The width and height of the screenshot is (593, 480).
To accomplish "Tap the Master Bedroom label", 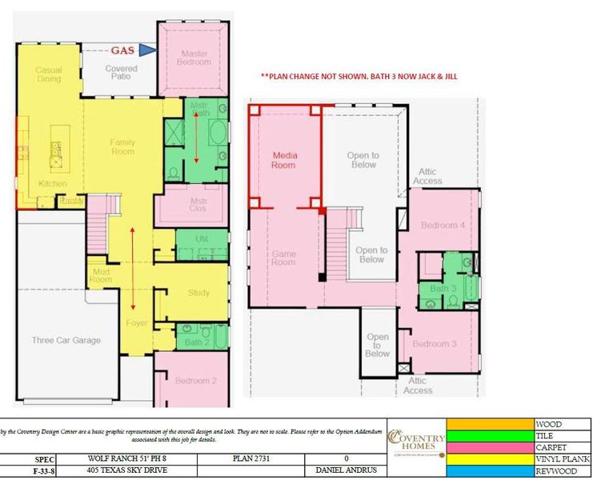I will pos(193,57).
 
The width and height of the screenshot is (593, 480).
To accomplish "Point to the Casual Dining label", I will pos(49,75).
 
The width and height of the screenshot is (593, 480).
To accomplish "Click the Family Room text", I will pos(122,147).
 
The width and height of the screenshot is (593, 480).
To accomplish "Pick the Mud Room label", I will pos(101,275).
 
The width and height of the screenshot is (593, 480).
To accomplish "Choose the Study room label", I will pos(199,293).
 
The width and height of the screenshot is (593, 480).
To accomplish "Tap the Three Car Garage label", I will pos(66,340).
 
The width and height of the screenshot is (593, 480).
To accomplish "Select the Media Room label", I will pos(284,160).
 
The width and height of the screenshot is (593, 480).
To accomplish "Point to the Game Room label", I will pos(284,258).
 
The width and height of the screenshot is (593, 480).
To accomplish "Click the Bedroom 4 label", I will pos(443,225).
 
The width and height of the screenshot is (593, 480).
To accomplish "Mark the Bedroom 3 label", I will pos(435,343).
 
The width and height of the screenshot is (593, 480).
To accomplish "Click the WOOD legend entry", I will pos(548,424).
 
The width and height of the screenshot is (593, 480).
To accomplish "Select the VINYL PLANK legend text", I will pos(563,459).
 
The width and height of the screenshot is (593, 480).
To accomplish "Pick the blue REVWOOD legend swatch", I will pos(490,471).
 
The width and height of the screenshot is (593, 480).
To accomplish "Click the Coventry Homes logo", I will pos(415,441).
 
